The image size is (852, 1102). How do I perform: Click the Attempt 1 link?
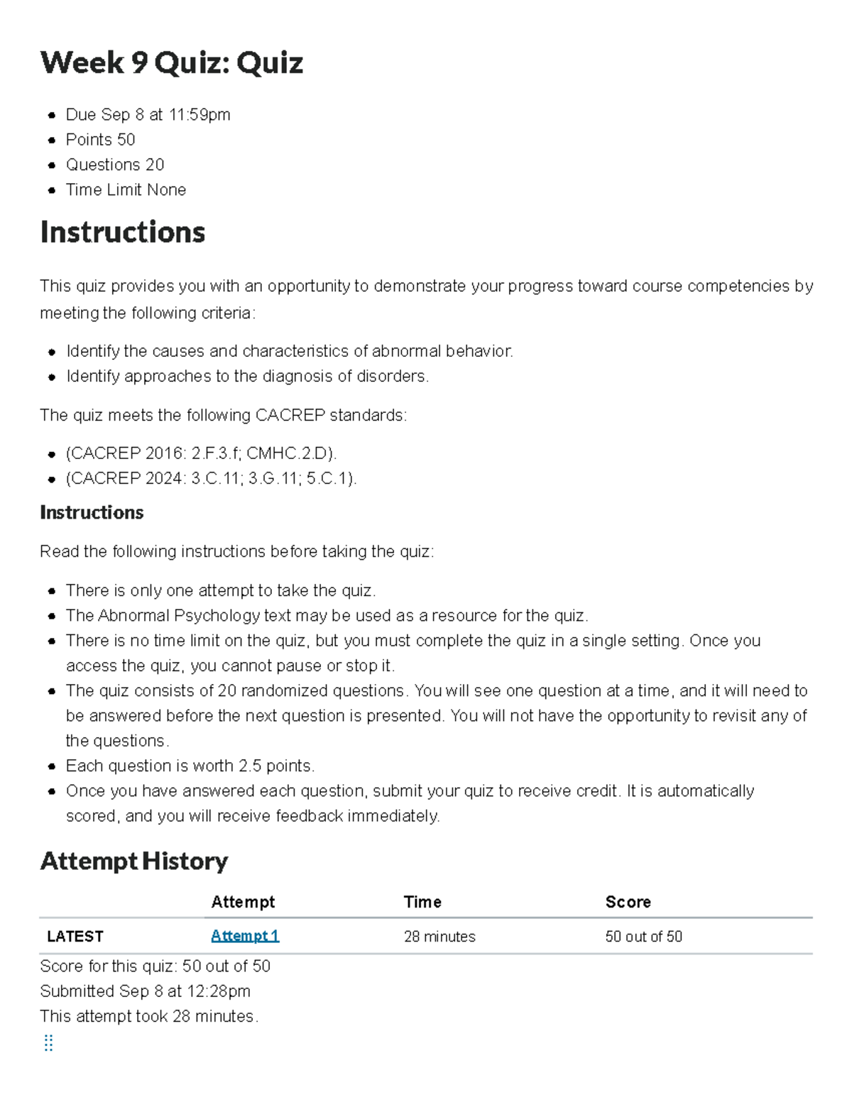coord(245,936)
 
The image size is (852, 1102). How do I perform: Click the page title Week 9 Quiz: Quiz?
coord(172,63)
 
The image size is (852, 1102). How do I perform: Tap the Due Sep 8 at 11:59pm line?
coord(148,115)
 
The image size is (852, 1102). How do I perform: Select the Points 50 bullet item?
coord(100,140)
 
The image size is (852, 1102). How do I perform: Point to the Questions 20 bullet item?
coord(115,165)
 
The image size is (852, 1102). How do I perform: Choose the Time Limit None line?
coord(126,190)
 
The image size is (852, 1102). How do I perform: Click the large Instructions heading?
coord(123,233)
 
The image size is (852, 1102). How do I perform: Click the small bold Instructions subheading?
coord(92,512)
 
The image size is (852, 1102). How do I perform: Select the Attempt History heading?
coord(134,861)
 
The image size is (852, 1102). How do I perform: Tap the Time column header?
coord(422,902)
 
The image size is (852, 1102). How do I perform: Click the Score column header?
coord(628,902)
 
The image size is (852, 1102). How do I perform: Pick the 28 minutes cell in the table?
coord(439,937)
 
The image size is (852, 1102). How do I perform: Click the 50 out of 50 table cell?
coord(643,937)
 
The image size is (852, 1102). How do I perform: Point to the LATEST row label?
coord(75,937)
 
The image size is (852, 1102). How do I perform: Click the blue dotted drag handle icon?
coord(48,1042)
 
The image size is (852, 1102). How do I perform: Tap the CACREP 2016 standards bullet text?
coord(201,453)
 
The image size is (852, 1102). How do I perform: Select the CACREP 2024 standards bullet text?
coord(211,479)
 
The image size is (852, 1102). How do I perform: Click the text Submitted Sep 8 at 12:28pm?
coord(145,991)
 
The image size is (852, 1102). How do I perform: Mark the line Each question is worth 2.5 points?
coord(190,766)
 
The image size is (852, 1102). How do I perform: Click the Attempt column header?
coord(243,902)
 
